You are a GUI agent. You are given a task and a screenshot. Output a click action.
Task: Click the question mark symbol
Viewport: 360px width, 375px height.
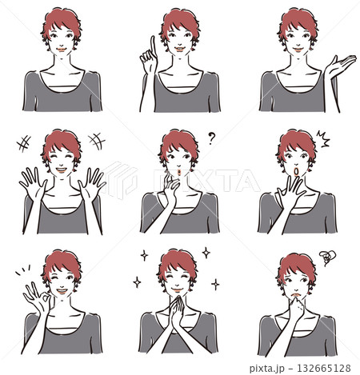pyautogui.click(x=211, y=138)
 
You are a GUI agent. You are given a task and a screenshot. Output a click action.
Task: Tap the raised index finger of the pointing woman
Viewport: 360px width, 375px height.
pyautogui.click(x=153, y=47)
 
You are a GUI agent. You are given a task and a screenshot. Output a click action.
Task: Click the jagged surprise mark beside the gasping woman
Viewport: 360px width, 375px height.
pyautogui.click(x=323, y=139)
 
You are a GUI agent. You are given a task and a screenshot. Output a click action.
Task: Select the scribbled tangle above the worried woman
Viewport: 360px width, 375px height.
pyautogui.click(x=327, y=257)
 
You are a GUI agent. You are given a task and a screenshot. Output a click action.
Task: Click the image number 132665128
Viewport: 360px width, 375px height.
pyautogui.click(x=324, y=368)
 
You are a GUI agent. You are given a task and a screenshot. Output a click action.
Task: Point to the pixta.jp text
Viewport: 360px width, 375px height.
pyautogui.click(x=268, y=369)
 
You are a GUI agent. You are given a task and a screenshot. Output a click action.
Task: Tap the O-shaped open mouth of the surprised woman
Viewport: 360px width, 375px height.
pyautogui.click(x=296, y=172)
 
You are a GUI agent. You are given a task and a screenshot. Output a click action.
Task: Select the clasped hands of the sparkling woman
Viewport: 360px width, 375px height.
pyautogui.click(x=177, y=312)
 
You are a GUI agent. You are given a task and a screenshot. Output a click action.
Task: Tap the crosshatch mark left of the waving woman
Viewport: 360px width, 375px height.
pyautogui.click(x=24, y=144)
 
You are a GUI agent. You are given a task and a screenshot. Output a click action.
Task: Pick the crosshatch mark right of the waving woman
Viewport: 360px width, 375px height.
pyautogui.click(x=97, y=141)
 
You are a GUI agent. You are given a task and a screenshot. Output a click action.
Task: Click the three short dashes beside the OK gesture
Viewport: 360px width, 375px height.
pyautogui.click(x=22, y=269)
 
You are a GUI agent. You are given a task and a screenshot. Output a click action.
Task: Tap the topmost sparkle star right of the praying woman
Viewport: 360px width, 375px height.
pyautogui.click(x=206, y=253)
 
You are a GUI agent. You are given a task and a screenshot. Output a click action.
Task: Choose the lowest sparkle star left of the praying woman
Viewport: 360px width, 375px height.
pyautogui.click(x=137, y=282)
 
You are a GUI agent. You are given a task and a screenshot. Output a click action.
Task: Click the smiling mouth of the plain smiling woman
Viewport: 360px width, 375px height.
pyautogui.click(x=62, y=50)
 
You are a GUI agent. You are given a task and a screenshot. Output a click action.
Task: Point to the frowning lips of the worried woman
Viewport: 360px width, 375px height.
pyautogui.click(x=296, y=295)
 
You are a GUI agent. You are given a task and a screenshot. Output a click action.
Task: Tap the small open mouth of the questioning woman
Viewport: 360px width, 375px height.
pyautogui.click(x=179, y=173)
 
